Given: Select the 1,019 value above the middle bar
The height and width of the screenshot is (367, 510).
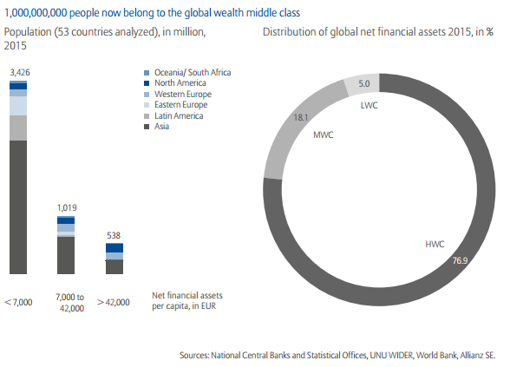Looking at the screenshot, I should pos(67,207).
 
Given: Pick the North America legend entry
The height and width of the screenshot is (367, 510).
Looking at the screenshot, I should pos(180,82).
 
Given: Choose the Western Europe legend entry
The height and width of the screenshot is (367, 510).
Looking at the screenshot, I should pos(182,94).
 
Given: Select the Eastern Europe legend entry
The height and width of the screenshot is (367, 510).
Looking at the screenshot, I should pos(181,104).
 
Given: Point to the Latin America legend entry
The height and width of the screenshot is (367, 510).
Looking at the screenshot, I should pos(180,115).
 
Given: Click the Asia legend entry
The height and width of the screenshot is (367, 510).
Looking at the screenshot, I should pos(161,127).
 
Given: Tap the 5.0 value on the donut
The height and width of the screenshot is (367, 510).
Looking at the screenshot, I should pos(364,85).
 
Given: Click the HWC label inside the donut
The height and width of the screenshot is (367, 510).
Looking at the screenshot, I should pos(435,246).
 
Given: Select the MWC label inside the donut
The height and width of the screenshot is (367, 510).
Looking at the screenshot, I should pos(322,135).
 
